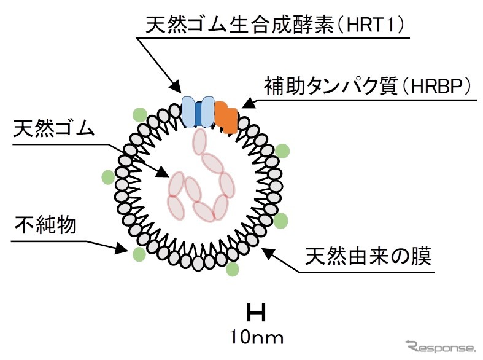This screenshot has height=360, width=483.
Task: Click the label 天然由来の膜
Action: pyautogui.click(x=369, y=256)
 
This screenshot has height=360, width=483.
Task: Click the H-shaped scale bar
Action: pyautogui.click(x=256, y=313)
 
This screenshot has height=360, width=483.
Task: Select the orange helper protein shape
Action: pyautogui.click(x=226, y=117)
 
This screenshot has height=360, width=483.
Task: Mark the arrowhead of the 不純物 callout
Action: pyautogui.click(x=123, y=250)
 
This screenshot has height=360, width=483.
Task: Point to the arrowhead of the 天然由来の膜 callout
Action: pyautogui.click(x=269, y=249)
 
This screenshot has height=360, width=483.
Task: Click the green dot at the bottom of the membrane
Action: pyautogui.click(x=232, y=269)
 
